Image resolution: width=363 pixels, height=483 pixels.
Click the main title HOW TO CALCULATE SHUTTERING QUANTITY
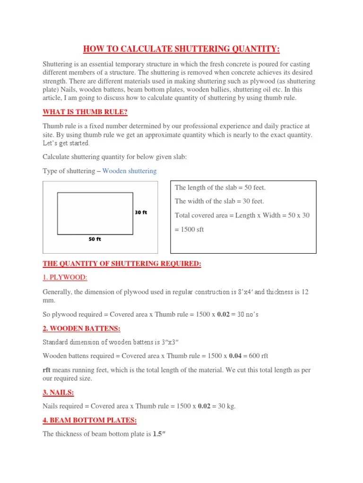(x=181, y=49)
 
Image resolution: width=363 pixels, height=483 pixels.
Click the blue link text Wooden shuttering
(x=130, y=171)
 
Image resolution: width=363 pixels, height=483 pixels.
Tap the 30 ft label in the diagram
(x=141, y=212)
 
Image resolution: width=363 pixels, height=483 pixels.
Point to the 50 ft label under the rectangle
(x=95, y=239)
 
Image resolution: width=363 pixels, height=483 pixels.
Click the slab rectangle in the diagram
(x=95, y=213)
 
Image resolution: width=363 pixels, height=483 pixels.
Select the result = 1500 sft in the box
(x=190, y=230)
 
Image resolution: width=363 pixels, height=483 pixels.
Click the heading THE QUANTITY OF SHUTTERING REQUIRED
(x=122, y=264)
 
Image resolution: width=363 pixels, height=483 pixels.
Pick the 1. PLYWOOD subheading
(x=65, y=278)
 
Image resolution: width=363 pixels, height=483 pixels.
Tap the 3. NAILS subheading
(x=58, y=392)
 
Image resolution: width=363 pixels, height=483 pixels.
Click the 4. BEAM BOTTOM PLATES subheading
(x=90, y=420)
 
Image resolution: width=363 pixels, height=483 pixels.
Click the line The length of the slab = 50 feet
(x=220, y=187)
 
